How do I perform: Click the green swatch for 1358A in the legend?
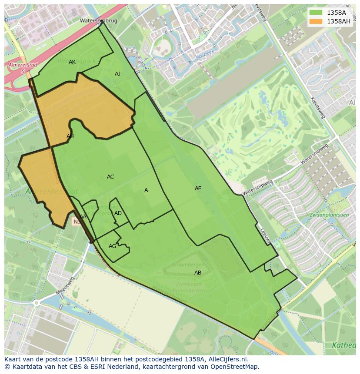point(316,13)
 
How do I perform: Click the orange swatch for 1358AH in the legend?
point(316,21)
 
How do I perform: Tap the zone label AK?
point(72,62)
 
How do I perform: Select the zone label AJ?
point(117,74)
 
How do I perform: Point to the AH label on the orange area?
point(70,136)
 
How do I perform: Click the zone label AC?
point(110,177)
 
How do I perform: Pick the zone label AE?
point(198,189)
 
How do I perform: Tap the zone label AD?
point(118,213)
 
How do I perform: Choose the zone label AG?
point(112,246)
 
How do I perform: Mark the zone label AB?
point(198,273)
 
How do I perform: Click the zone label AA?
point(83,216)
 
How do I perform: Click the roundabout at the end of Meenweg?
point(37,303)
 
